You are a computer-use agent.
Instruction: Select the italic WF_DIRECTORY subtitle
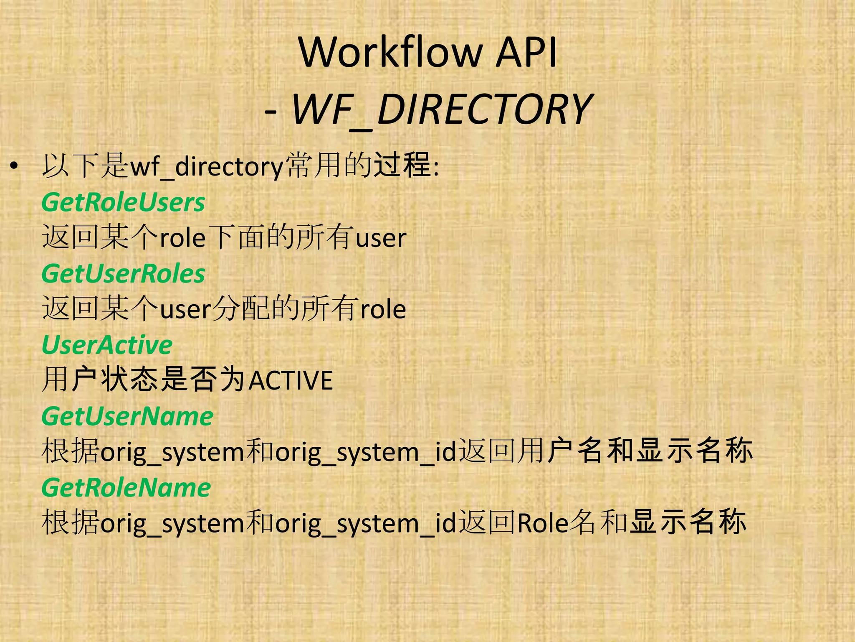[x=442, y=110]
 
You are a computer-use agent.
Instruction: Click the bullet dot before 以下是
[x=15, y=166]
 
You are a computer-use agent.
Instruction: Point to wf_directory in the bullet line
[x=207, y=166]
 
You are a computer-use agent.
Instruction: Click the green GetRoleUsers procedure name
[x=123, y=203]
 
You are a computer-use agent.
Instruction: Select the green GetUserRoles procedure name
[x=123, y=274]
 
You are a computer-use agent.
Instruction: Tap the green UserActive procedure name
[x=107, y=345]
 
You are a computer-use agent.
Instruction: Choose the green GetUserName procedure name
[x=127, y=417]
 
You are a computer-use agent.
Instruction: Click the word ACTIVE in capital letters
[x=291, y=380]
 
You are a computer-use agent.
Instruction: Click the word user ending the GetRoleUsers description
[x=381, y=238]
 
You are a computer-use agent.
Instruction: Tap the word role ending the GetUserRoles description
[x=383, y=310]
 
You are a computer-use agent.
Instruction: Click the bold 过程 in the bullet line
[x=402, y=166]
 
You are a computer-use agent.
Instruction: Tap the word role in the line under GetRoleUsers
[x=183, y=238]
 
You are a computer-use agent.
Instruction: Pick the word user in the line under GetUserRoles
[x=186, y=310]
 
